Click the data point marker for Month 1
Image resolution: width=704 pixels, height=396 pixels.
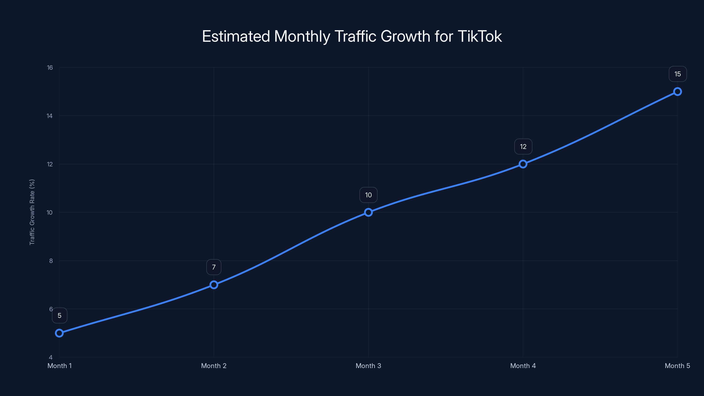coord(59,333)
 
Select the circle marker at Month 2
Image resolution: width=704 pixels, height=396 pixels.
coord(214,285)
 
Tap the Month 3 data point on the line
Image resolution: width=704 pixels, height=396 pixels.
coord(368,212)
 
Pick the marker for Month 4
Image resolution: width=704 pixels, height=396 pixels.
coord(523,164)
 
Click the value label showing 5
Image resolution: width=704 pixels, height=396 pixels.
coord(59,316)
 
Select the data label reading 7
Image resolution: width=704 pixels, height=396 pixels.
coord(214,267)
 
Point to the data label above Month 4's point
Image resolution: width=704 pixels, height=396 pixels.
coord(523,147)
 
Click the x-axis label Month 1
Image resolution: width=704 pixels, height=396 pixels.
coord(59,366)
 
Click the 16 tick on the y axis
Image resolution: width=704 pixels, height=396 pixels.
coord(50,68)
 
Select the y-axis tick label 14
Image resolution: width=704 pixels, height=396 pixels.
coord(49,116)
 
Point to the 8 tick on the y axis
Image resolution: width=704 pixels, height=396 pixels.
coord(51,261)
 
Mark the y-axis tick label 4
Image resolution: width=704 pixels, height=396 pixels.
coord(51,357)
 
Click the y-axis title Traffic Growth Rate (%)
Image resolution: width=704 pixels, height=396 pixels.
coord(32,212)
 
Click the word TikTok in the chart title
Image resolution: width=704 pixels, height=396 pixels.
coord(480,36)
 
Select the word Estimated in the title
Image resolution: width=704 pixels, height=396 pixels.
coord(236,36)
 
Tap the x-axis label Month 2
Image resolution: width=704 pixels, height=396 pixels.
coord(214,366)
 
